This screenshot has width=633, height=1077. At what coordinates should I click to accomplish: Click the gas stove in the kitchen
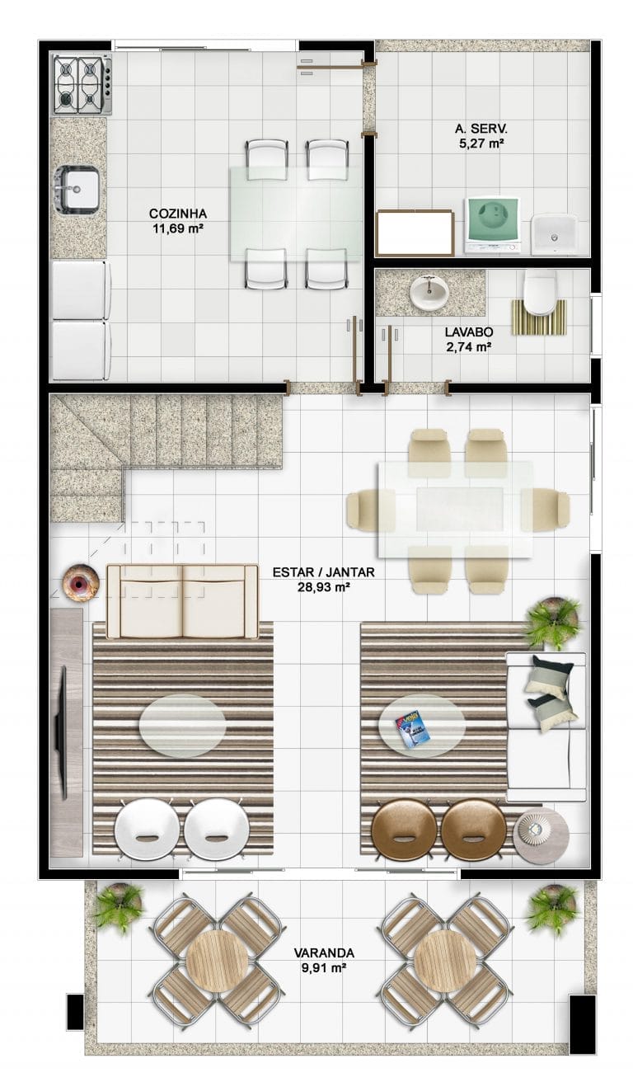(x=82, y=85)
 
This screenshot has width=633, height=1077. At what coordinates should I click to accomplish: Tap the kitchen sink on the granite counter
(x=77, y=188)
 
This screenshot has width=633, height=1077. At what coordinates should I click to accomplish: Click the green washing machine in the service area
(x=492, y=225)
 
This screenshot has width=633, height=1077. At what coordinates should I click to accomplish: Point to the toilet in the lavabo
(x=539, y=294)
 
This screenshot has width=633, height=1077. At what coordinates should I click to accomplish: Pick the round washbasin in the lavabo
(x=429, y=291)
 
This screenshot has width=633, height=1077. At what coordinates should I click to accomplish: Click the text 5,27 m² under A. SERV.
(x=481, y=143)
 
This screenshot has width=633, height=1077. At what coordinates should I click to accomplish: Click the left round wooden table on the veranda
(x=217, y=962)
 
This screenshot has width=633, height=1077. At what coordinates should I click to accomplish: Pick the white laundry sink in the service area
(x=554, y=234)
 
